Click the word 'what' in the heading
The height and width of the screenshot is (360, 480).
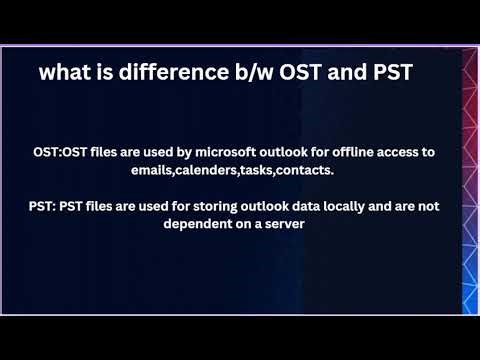(x=63, y=73)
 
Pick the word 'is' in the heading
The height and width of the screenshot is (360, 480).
(x=101, y=73)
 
